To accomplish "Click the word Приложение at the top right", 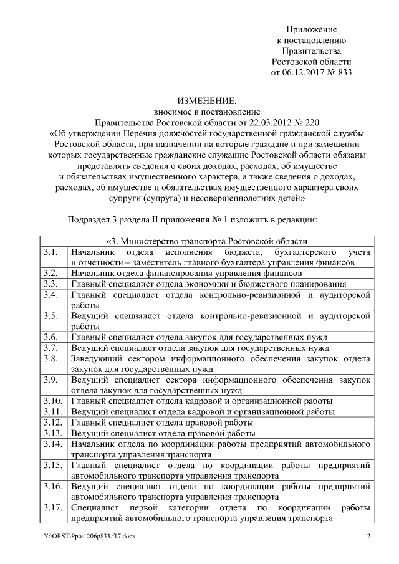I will click(311, 29).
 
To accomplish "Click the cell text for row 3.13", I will click(163, 433).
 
